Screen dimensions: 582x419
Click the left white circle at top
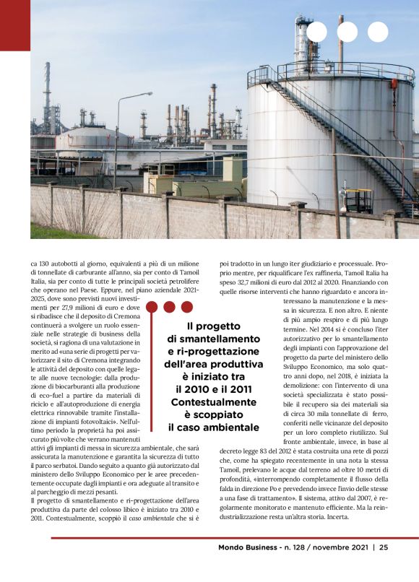coord(317,32)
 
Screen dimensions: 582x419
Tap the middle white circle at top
coord(347,32)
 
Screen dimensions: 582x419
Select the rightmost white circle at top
coord(378,32)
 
